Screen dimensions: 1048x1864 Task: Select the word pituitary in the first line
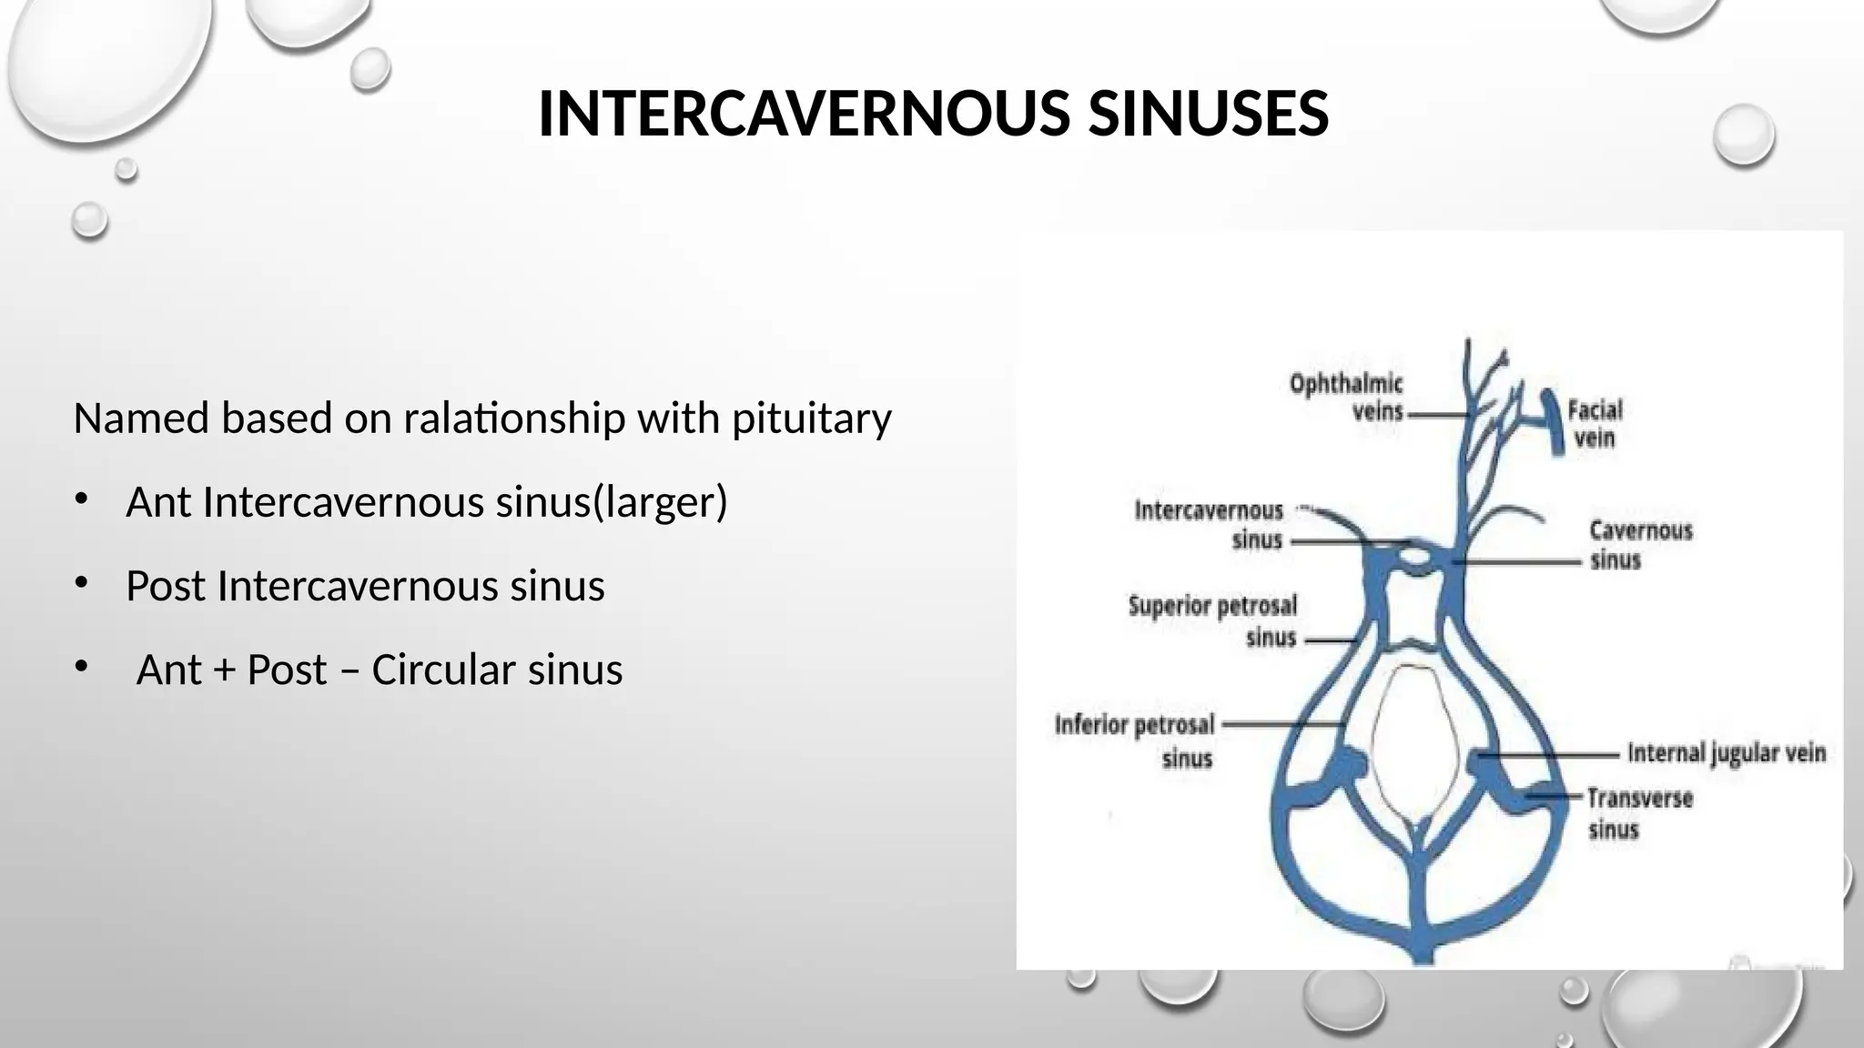tap(812, 419)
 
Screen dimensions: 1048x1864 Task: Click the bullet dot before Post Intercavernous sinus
tap(82, 583)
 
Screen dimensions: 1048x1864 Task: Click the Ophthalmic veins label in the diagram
tap(1346, 398)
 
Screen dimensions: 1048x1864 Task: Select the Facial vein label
tap(1595, 424)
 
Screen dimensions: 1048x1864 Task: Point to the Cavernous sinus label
tap(1640, 544)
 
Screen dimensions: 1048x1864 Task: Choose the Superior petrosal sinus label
tap(1213, 621)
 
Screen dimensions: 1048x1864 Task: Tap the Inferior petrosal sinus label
tap(1136, 741)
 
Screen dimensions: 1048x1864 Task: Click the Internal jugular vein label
tap(1726, 753)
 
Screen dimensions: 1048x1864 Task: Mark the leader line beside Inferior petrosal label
tap(1283, 725)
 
